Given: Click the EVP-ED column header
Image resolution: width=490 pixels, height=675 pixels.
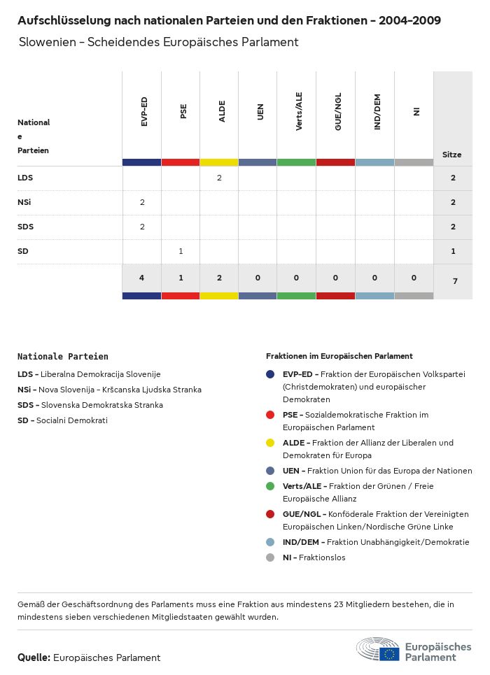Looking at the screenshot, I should [144, 112].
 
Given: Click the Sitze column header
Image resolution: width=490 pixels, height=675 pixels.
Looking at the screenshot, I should [451, 155].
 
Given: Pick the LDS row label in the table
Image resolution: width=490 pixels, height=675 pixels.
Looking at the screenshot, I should [25, 178].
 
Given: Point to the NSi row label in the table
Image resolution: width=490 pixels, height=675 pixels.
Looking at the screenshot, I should [24, 202].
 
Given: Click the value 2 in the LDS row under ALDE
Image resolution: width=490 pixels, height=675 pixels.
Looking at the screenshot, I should [219, 178].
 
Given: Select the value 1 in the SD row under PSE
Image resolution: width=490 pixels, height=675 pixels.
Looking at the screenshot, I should [181, 250].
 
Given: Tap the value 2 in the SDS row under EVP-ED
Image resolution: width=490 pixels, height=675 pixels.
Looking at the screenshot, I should [142, 227].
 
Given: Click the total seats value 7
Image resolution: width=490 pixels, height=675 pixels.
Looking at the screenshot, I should [453, 281].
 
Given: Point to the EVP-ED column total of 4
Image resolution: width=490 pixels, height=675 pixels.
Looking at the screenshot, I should [142, 278].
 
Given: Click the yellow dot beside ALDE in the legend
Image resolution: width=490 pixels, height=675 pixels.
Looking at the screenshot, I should [270, 443].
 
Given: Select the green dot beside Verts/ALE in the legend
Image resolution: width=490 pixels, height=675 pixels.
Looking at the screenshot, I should [270, 486].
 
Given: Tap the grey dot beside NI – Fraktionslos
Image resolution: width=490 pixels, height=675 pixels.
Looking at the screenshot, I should [270, 557].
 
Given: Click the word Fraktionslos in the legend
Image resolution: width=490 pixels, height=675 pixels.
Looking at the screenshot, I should [323, 557].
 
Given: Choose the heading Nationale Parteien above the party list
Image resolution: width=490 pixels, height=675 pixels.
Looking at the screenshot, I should [63, 357].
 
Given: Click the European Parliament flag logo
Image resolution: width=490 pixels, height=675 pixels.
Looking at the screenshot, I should [390, 653].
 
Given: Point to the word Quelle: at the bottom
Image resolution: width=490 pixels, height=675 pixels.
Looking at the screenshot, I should [34, 658].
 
